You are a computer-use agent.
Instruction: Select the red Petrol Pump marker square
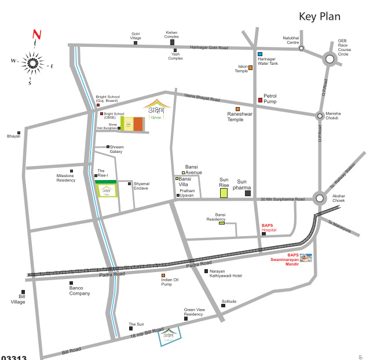click(x=260, y=101)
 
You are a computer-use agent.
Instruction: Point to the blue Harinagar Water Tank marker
click(x=260, y=54)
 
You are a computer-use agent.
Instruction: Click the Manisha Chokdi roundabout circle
click(x=320, y=116)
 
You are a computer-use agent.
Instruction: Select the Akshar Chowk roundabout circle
click(x=320, y=199)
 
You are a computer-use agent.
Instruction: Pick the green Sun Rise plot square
click(x=224, y=193)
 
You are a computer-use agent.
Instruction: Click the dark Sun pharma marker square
click(x=248, y=193)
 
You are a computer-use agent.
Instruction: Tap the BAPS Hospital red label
click(x=269, y=227)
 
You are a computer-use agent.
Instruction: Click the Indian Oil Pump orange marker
click(x=163, y=275)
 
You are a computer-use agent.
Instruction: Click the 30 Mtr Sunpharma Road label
click(x=283, y=200)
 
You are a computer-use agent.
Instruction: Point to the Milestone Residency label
click(x=65, y=178)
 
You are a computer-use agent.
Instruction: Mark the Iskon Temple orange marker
click(x=250, y=68)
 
